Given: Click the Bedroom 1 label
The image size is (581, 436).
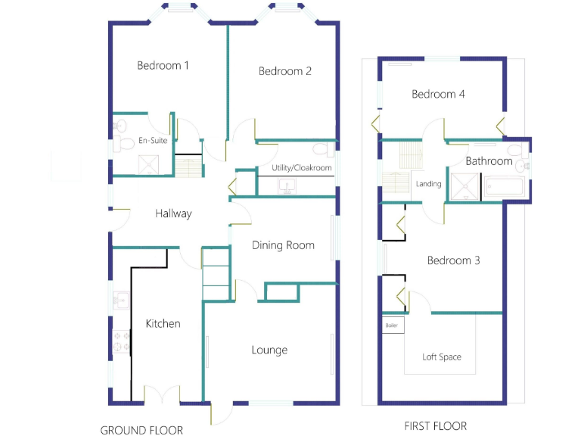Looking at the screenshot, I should (163, 66).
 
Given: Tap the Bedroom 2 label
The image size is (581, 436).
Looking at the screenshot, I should (285, 72).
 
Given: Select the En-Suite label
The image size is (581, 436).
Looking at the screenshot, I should (153, 141).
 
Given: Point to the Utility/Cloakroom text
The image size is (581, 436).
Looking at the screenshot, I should (302, 168).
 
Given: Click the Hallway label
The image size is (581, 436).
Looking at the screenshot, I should (173, 213).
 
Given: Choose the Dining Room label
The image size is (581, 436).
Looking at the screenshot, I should (283, 245).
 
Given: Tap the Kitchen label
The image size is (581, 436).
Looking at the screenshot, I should (163, 324).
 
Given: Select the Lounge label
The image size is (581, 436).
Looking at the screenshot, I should (269, 350).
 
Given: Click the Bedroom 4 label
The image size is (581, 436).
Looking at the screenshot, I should (438, 95).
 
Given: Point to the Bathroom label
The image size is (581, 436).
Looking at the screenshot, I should (489, 161).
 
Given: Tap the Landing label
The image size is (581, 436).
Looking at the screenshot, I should (428, 184).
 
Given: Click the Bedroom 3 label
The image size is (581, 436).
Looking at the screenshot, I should (453, 261).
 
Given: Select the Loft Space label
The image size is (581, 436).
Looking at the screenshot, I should (442, 357).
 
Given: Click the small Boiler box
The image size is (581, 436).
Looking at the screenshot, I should (392, 325).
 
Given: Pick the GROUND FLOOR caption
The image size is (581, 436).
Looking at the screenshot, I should (141, 430).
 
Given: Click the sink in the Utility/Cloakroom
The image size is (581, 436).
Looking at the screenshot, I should (287, 185).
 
